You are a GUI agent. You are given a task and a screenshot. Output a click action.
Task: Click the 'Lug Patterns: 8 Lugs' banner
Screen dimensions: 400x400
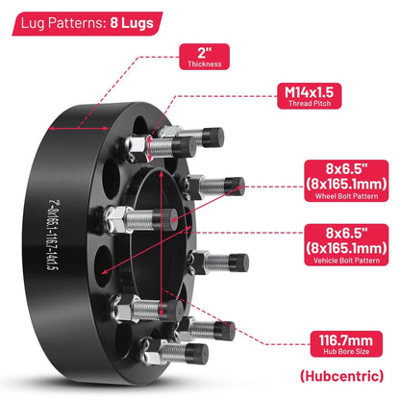coord(87,24)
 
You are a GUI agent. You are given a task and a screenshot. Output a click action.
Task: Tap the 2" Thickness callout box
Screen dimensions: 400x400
coord(205,57)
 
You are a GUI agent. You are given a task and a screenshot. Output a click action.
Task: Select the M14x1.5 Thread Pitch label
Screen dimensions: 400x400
coord(309,96)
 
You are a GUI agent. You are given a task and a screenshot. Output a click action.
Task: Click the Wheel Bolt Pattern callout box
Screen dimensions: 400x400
coord(346,181)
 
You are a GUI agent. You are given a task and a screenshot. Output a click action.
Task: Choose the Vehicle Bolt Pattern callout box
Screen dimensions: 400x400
coord(346,245)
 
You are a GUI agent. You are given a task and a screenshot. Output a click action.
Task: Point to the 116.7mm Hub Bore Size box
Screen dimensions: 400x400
coord(346,344)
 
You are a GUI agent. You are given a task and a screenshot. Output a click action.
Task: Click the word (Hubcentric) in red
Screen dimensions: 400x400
coord(341,376)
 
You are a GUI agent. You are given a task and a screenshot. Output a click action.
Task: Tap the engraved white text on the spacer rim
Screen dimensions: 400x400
coord(53,235)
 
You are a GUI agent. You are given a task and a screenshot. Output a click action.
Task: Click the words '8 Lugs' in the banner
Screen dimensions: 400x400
coord(132,23)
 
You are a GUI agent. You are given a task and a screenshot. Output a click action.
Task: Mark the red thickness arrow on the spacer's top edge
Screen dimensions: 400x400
coord(79,129)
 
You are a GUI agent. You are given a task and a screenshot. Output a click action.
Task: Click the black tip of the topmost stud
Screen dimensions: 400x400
coord(212,137)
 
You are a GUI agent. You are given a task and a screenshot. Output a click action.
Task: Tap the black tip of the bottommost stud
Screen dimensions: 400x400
coord(197,354)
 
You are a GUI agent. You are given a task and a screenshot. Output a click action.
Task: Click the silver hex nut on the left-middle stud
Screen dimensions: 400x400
coord(116,219)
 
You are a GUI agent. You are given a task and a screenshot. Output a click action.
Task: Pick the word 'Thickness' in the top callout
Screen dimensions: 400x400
coord(205,63)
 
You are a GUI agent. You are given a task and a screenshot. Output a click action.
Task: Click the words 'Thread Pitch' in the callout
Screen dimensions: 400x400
coord(310,103)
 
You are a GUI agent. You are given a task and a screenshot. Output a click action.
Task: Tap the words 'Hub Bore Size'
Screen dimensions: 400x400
coord(346,351)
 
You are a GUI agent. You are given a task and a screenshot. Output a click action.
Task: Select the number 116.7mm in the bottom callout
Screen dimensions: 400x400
coord(346,340)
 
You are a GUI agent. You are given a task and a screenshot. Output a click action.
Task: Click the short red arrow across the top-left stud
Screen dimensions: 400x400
coord(149,149)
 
